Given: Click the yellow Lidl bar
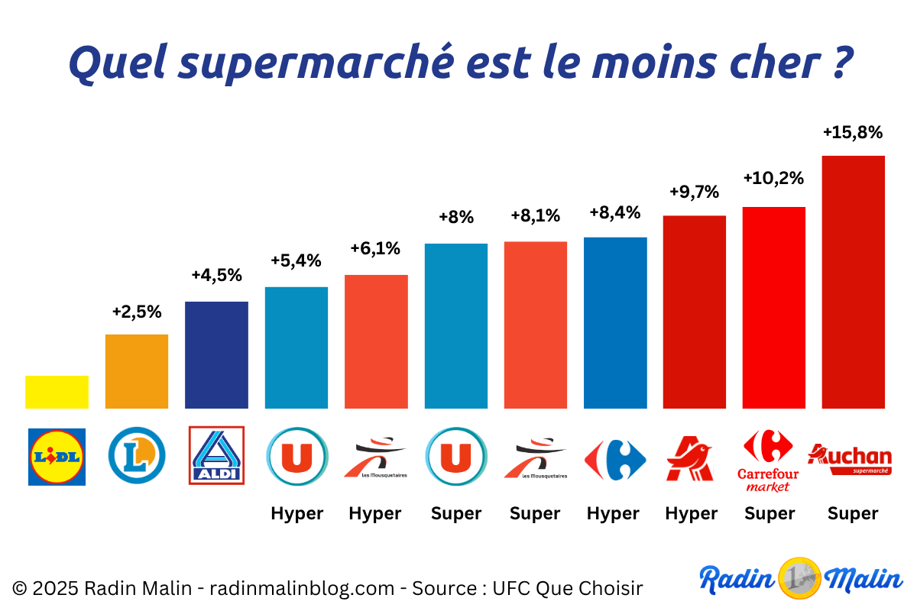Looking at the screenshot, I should pyautogui.click(x=57, y=392).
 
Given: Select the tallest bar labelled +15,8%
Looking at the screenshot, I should pyautogui.click(x=853, y=282).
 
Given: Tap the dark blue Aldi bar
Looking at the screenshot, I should pyautogui.click(x=216, y=355).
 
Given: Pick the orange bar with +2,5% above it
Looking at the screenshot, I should pyautogui.click(x=137, y=371).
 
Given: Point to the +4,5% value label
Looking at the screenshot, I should pyautogui.click(x=216, y=274).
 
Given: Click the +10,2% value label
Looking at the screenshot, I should pyautogui.click(x=773, y=179).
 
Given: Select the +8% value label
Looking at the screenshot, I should pyautogui.click(x=456, y=217).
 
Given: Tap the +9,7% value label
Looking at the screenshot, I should pyautogui.click(x=694, y=192).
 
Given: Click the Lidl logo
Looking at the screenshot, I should pyautogui.click(x=57, y=457).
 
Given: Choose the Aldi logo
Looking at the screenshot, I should pyautogui.click(x=216, y=455).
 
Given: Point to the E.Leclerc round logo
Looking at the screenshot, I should pyautogui.click(x=137, y=456).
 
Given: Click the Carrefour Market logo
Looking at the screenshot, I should pyautogui.click(x=768, y=460).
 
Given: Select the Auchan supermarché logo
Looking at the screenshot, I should pyautogui.click(x=850, y=459).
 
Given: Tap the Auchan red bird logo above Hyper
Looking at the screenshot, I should pyautogui.click(x=689, y=459).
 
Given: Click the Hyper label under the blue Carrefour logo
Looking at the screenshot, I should pyautogui.click(x=613, y=514).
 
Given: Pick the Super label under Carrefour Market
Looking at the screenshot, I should pyautogui.click(x=770, y=514).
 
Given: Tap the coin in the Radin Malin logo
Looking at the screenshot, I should pyautogui.click(x=799, y=578).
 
